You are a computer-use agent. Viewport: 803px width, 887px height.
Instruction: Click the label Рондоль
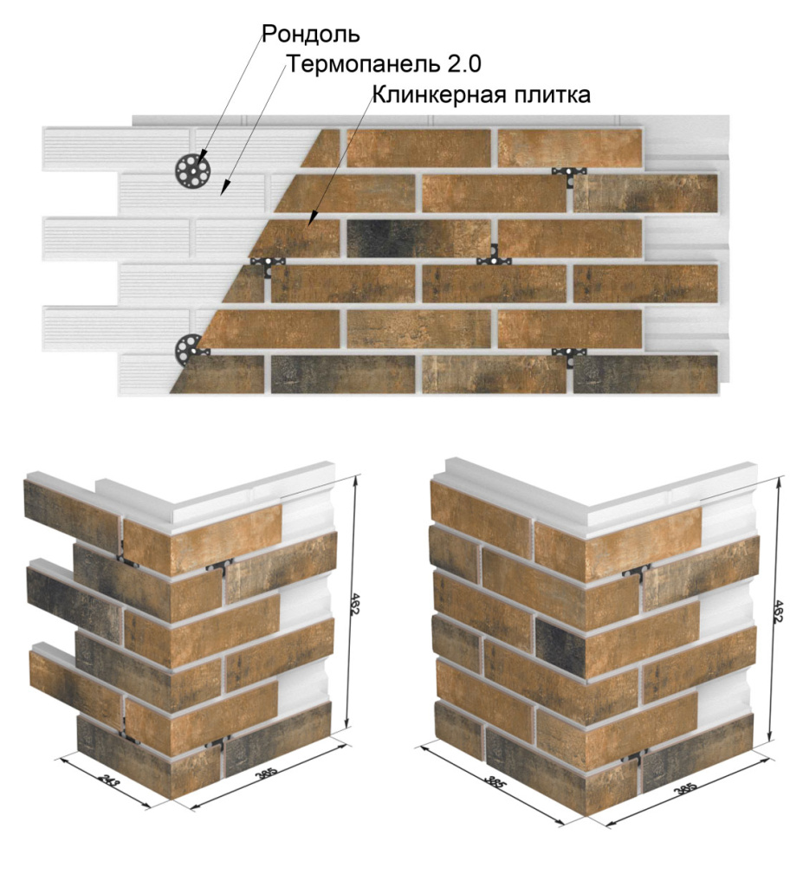310,36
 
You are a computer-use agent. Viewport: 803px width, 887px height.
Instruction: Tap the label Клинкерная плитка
482,94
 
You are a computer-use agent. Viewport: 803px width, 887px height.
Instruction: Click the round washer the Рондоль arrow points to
191,169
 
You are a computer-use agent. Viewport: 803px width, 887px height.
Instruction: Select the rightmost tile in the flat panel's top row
570,147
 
